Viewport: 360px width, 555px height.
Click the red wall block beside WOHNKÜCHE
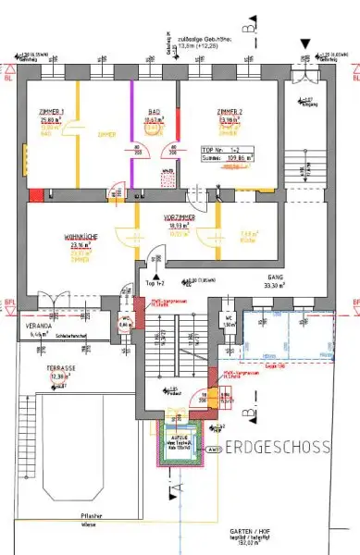click(34, 195)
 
